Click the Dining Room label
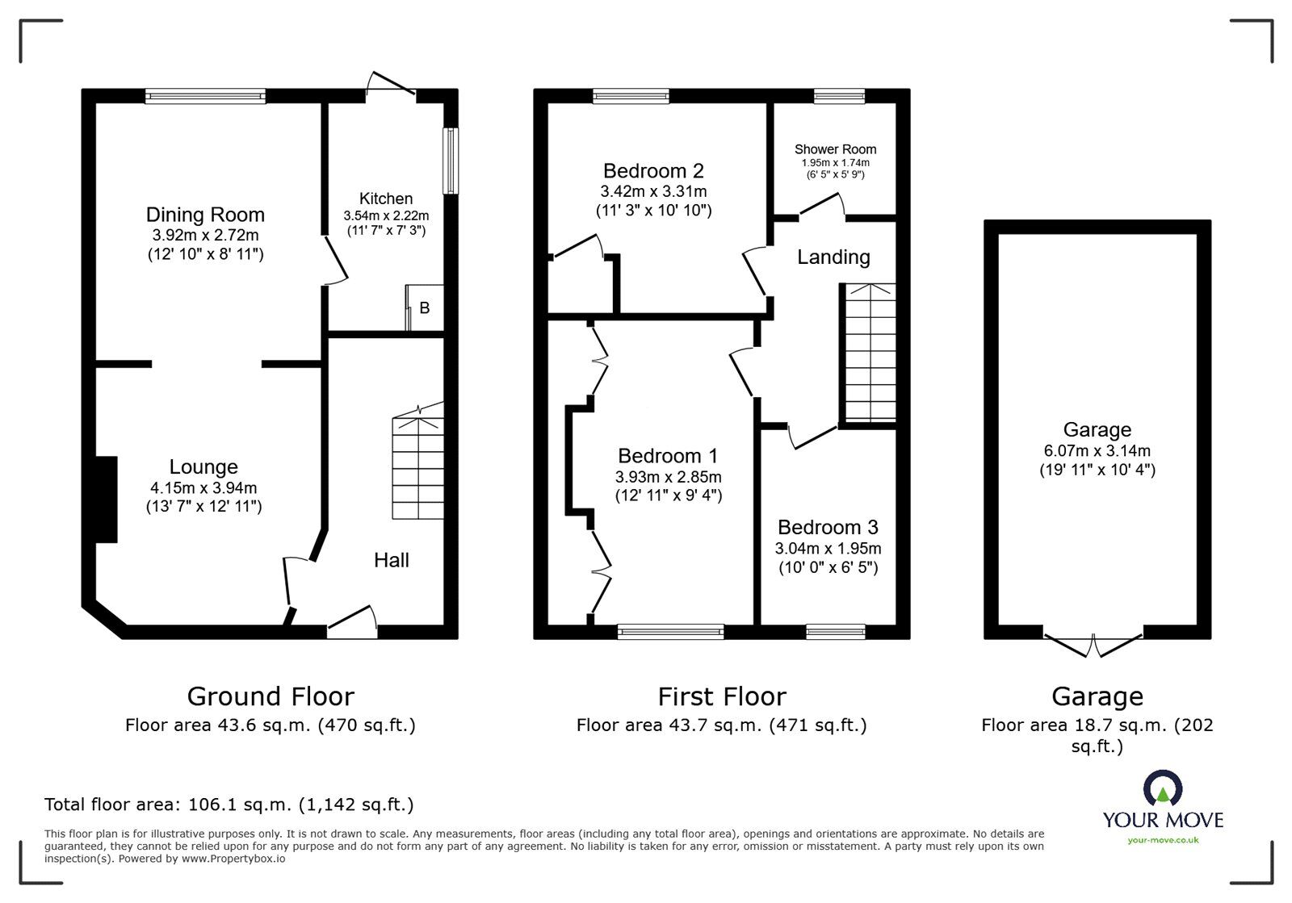(205, 215)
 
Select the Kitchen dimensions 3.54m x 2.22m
(386, 215)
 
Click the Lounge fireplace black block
(106, 499)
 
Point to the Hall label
(391, 560)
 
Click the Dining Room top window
(205, 96)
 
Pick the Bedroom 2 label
(653, 171)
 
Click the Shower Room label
(835, 149)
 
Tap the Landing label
(833, 257)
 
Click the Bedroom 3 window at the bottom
(835, 631)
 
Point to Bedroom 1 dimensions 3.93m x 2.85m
(668, 477)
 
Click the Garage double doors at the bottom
(1093, 643)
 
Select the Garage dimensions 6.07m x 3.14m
(1097, 451)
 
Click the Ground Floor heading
(271, 696)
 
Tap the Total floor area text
(229, 805)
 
